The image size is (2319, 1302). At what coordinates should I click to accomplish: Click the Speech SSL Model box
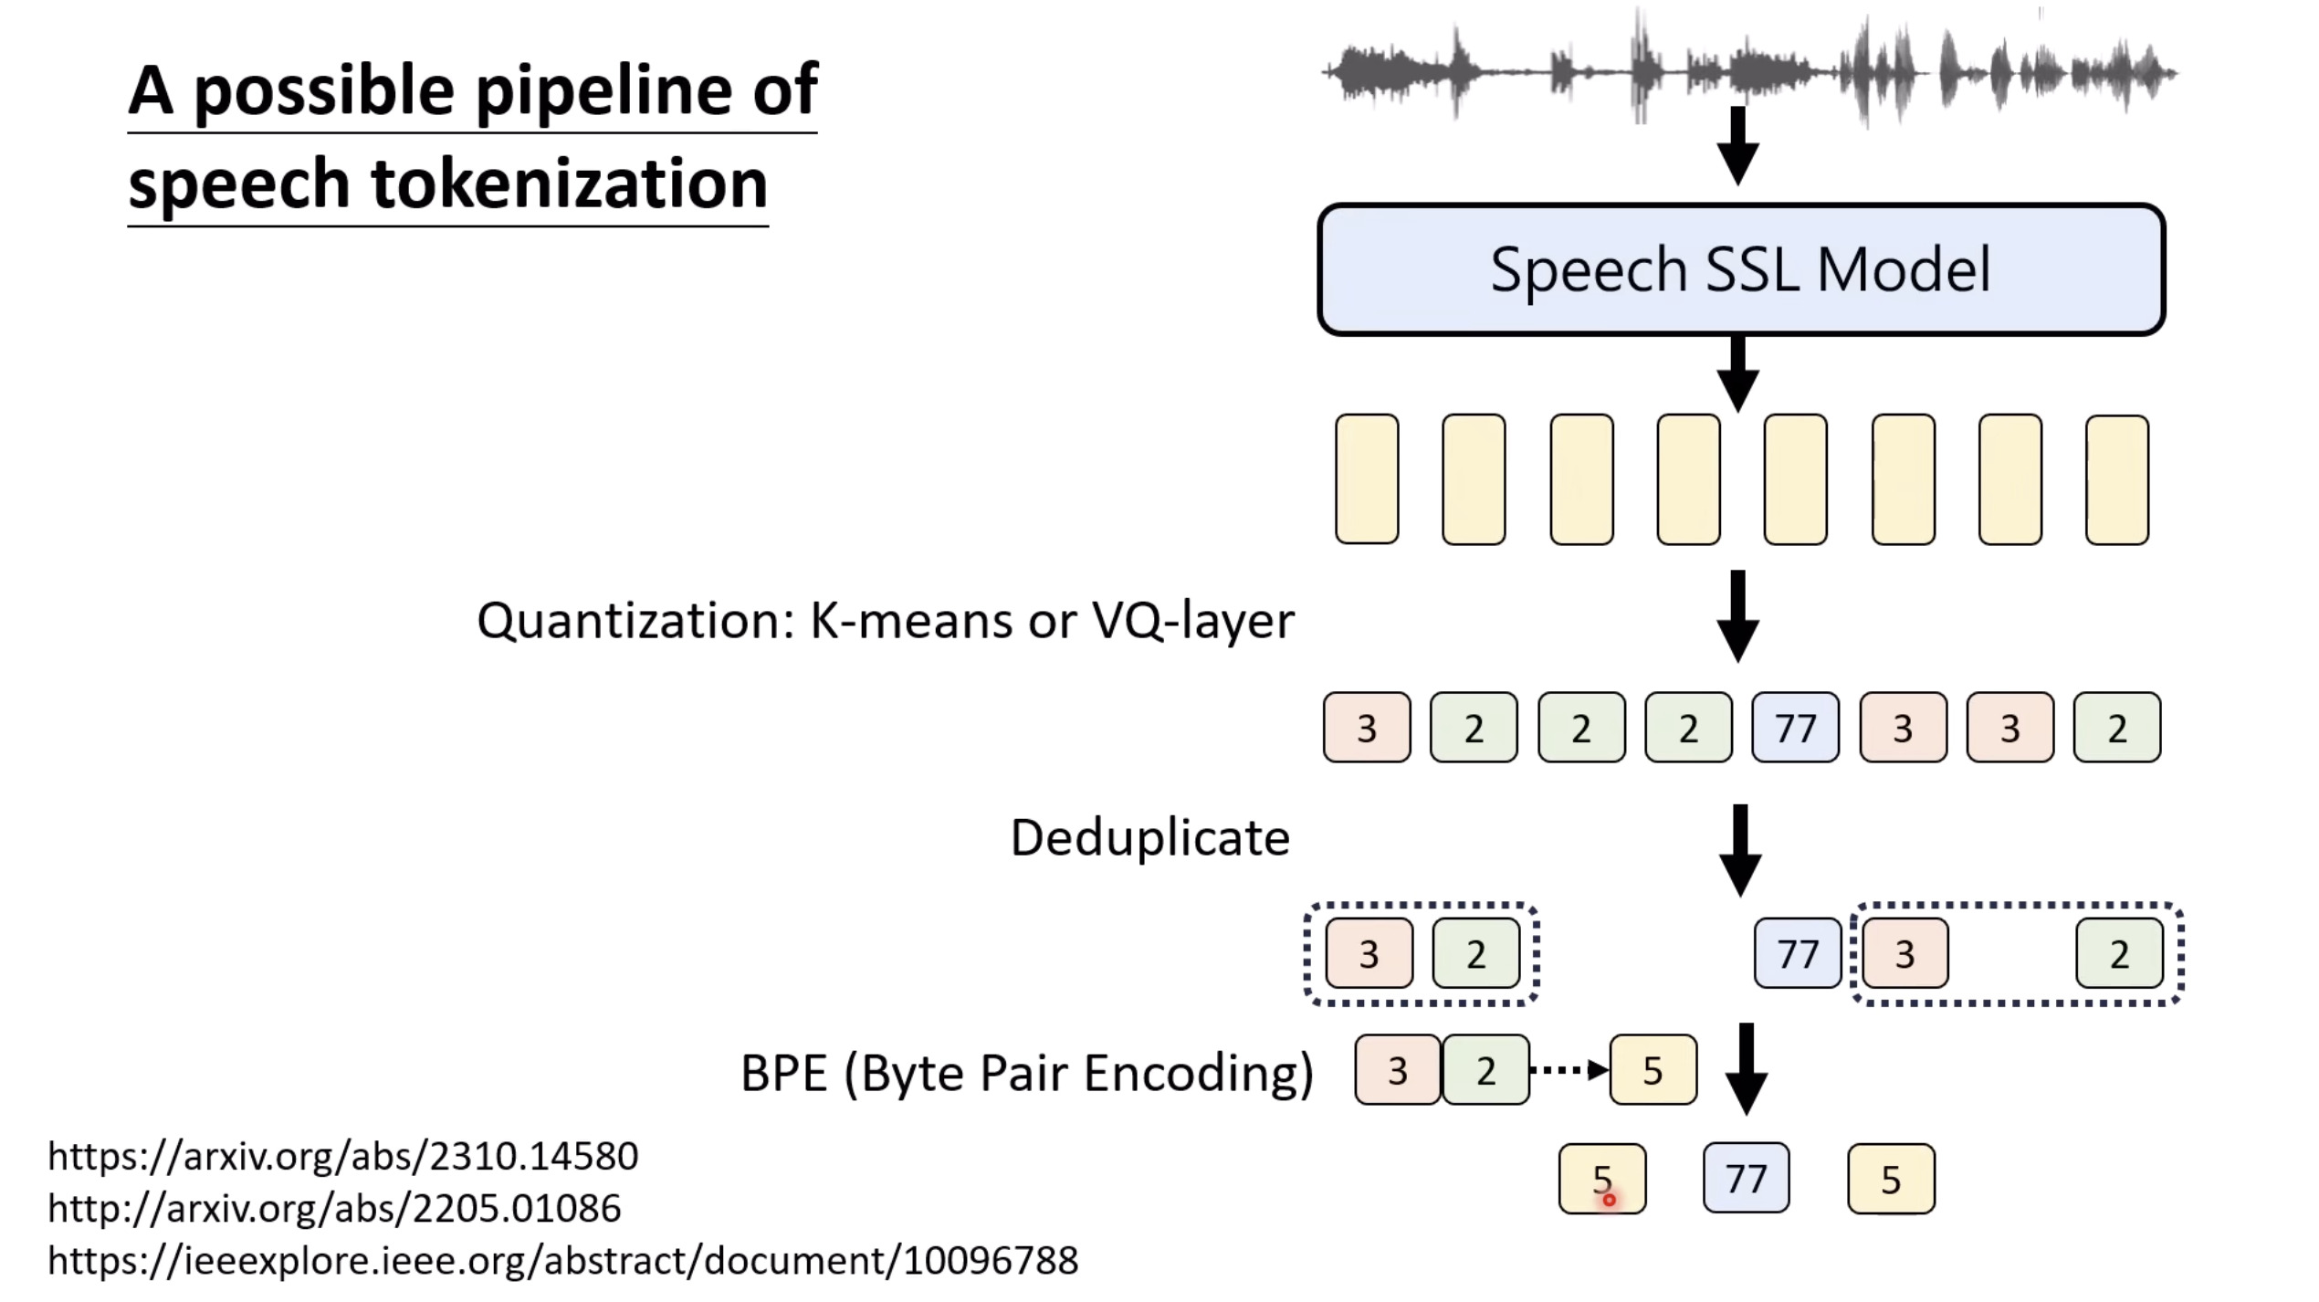pyautogui.click(x=1740, y=269)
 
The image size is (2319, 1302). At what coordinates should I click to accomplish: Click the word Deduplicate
pyautogui.click(x=1149, y=837)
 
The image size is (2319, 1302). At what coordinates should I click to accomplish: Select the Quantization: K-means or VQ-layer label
pyautogui.click(x=885, y=621)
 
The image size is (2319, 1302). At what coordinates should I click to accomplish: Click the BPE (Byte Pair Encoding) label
pyautogui.click(x=1026, y=1072)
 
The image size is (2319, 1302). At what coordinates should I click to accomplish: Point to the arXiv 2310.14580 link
pyautogui.click(x=343, y=1156)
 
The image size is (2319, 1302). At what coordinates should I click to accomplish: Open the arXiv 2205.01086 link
pyautogui.click(x=334, y=1208)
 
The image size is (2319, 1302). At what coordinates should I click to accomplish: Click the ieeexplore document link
pyautogui.click(x=562, y=1260)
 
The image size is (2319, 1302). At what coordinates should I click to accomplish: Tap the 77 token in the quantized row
pyautogui.click(x=1795, y=728)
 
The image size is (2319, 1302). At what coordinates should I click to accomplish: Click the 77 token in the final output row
pyautogui.click(x=1746, y=1178)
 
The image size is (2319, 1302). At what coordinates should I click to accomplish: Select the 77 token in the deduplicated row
pyautogui.click(x=1797, y=953)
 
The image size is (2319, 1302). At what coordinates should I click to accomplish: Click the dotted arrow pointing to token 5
pyautogui.click(x=1569, y=1070)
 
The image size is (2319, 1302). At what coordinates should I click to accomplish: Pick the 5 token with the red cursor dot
pyautogui.click(x=1601, y=1178)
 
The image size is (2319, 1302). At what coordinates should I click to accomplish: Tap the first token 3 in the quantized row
pyautogui.click(x=1366, y=728)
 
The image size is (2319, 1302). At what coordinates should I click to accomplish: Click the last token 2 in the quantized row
pyautogui.click(x=2116, y=728)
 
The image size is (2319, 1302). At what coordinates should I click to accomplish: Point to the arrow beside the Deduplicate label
pyautogui.click(x=1740, y=849)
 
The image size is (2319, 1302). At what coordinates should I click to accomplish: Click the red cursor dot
pyautogui.click(x=1609, y=1200)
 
